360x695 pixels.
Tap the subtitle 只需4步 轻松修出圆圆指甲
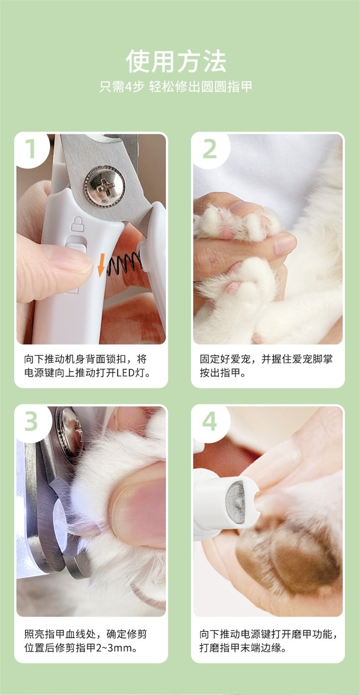176,87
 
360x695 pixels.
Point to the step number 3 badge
31,421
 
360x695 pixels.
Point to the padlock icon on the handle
77,224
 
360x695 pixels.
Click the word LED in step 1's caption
126,372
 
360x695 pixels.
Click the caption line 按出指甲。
223,372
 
